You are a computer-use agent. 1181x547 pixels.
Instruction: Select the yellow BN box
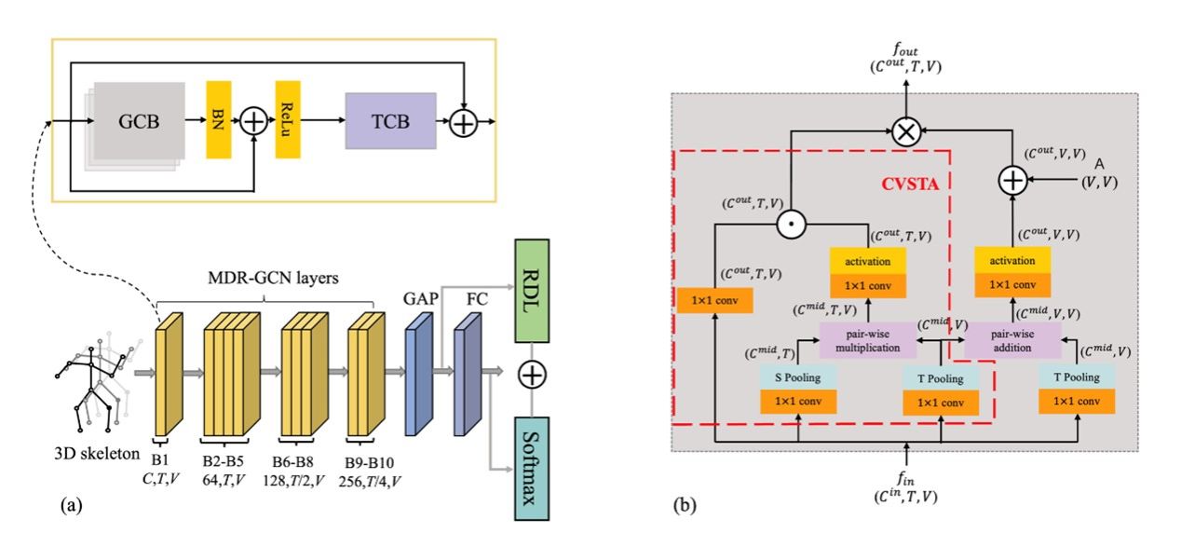(x=218, y=119)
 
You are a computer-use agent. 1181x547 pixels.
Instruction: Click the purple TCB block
(x=390, y=121)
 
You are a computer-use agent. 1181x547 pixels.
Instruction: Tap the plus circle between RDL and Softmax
(x=532, y=375)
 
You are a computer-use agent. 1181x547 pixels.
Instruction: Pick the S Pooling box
(x=797, y=377)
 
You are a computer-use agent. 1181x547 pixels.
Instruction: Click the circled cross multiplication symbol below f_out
(x=904, y=131)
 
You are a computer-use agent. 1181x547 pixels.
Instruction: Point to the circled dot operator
(x=793, y=223)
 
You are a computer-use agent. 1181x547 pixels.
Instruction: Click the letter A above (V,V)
(x=1099, y=164)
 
